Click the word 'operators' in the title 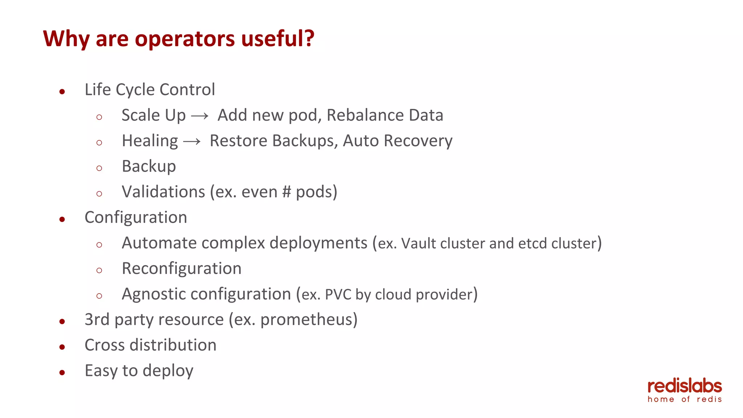185,39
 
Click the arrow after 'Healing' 192,142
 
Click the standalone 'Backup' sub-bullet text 149,167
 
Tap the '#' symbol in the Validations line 287,192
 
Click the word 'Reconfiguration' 181,269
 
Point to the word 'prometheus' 307,320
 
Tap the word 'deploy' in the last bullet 168,371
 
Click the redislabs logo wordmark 685,387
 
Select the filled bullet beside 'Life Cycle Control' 62,91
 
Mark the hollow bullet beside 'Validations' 99,194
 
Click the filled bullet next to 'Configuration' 62,219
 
